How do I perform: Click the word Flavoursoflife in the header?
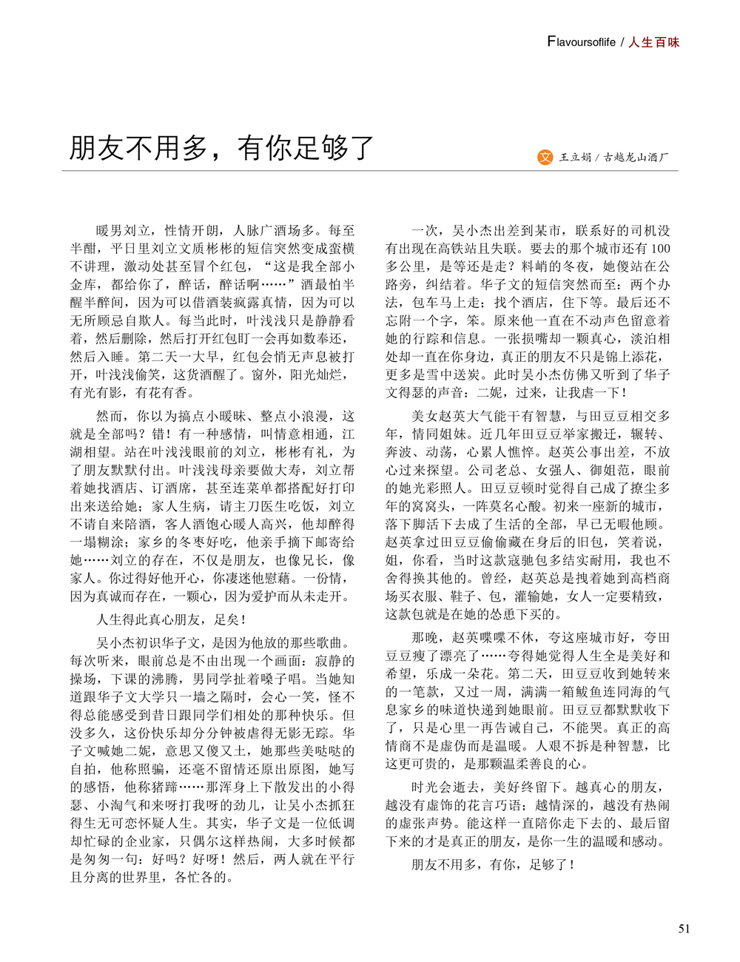click(581, 42)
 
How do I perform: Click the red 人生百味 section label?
click(654, 42)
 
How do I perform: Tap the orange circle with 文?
click(545, 157)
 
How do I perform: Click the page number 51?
click(684, 929)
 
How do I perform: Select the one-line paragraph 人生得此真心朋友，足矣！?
click(171, 619)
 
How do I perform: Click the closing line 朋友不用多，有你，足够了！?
click(493, 864)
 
